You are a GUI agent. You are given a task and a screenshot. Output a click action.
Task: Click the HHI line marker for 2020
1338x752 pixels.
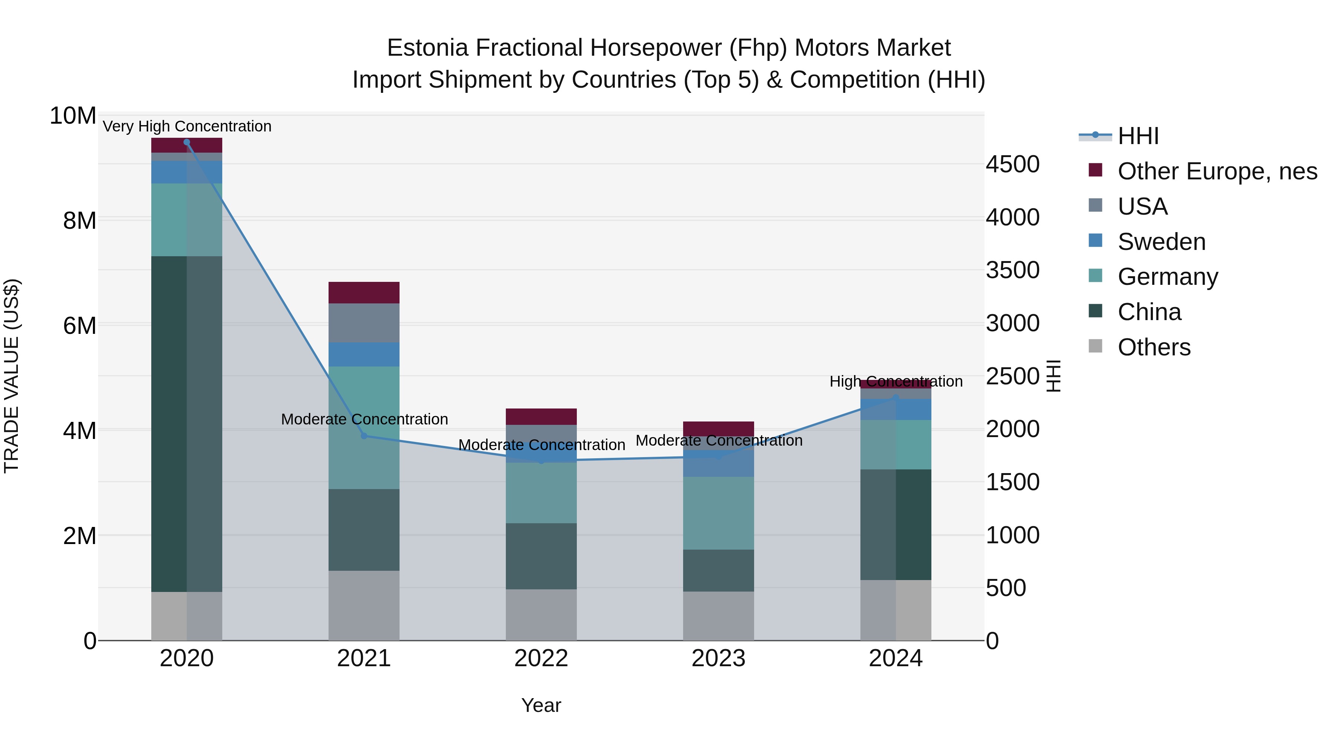click(x=187, y=142)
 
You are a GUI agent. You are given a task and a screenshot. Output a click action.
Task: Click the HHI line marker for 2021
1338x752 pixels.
click(x=364, y=436)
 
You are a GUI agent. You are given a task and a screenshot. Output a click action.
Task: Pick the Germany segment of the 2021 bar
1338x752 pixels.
click(x=364, y=428)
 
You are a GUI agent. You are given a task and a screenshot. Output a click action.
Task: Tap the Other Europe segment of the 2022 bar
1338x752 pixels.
click(x=541, y=417)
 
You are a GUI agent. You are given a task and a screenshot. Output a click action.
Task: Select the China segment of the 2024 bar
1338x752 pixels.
click(x=895, y=524)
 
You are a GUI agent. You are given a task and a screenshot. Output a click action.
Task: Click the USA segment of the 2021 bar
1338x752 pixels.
click(x=364, y=323)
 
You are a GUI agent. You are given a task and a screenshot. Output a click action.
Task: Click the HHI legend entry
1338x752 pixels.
click(x=1138, y=136)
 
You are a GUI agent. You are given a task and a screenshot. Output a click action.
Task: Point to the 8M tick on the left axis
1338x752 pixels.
click(x=80, y=221)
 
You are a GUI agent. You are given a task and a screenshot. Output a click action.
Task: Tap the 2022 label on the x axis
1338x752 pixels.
click(x=541, y=658)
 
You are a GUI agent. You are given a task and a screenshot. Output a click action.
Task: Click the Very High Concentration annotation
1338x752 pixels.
click(x=187, y=126)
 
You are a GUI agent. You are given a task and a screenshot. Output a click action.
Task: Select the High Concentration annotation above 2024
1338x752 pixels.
click(x=895, y=381)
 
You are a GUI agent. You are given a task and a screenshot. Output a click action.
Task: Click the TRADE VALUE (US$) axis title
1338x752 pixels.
click(x=12, y=376)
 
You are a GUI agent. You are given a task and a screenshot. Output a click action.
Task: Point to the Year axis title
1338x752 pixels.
click(x=541, y=705)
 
